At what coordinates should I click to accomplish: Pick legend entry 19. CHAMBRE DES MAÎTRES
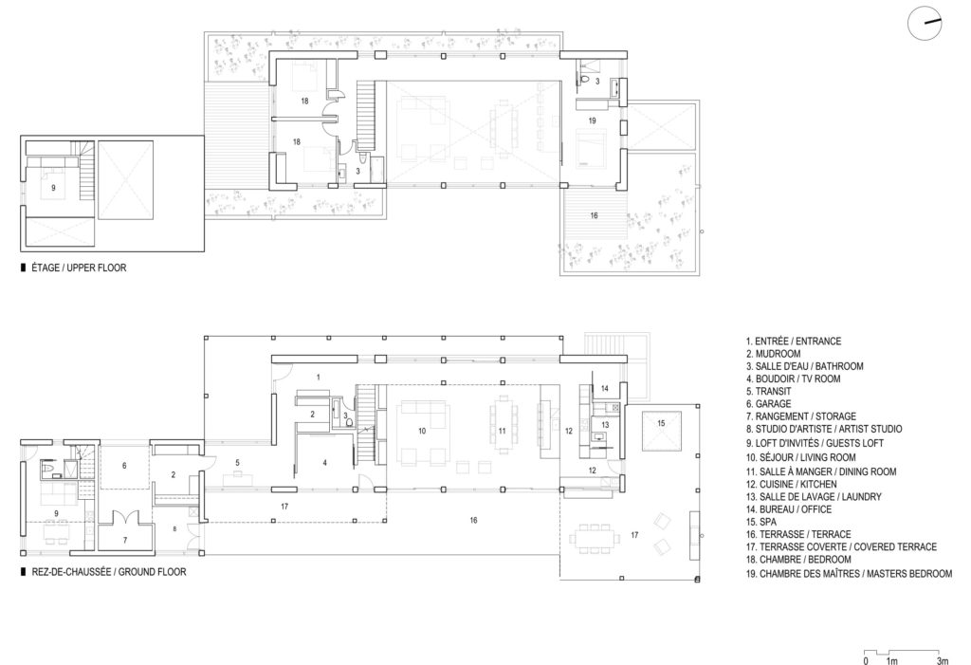[849, 574]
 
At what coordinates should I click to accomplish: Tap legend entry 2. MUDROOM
[777, 353]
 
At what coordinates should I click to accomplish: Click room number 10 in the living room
[422, 431]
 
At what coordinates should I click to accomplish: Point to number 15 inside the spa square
[661, 422]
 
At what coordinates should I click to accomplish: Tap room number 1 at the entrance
[319, 378]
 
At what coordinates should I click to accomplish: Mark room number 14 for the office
[604, 389]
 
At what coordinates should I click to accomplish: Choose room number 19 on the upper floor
[591, 121]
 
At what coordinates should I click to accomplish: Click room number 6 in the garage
[123, 467]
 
